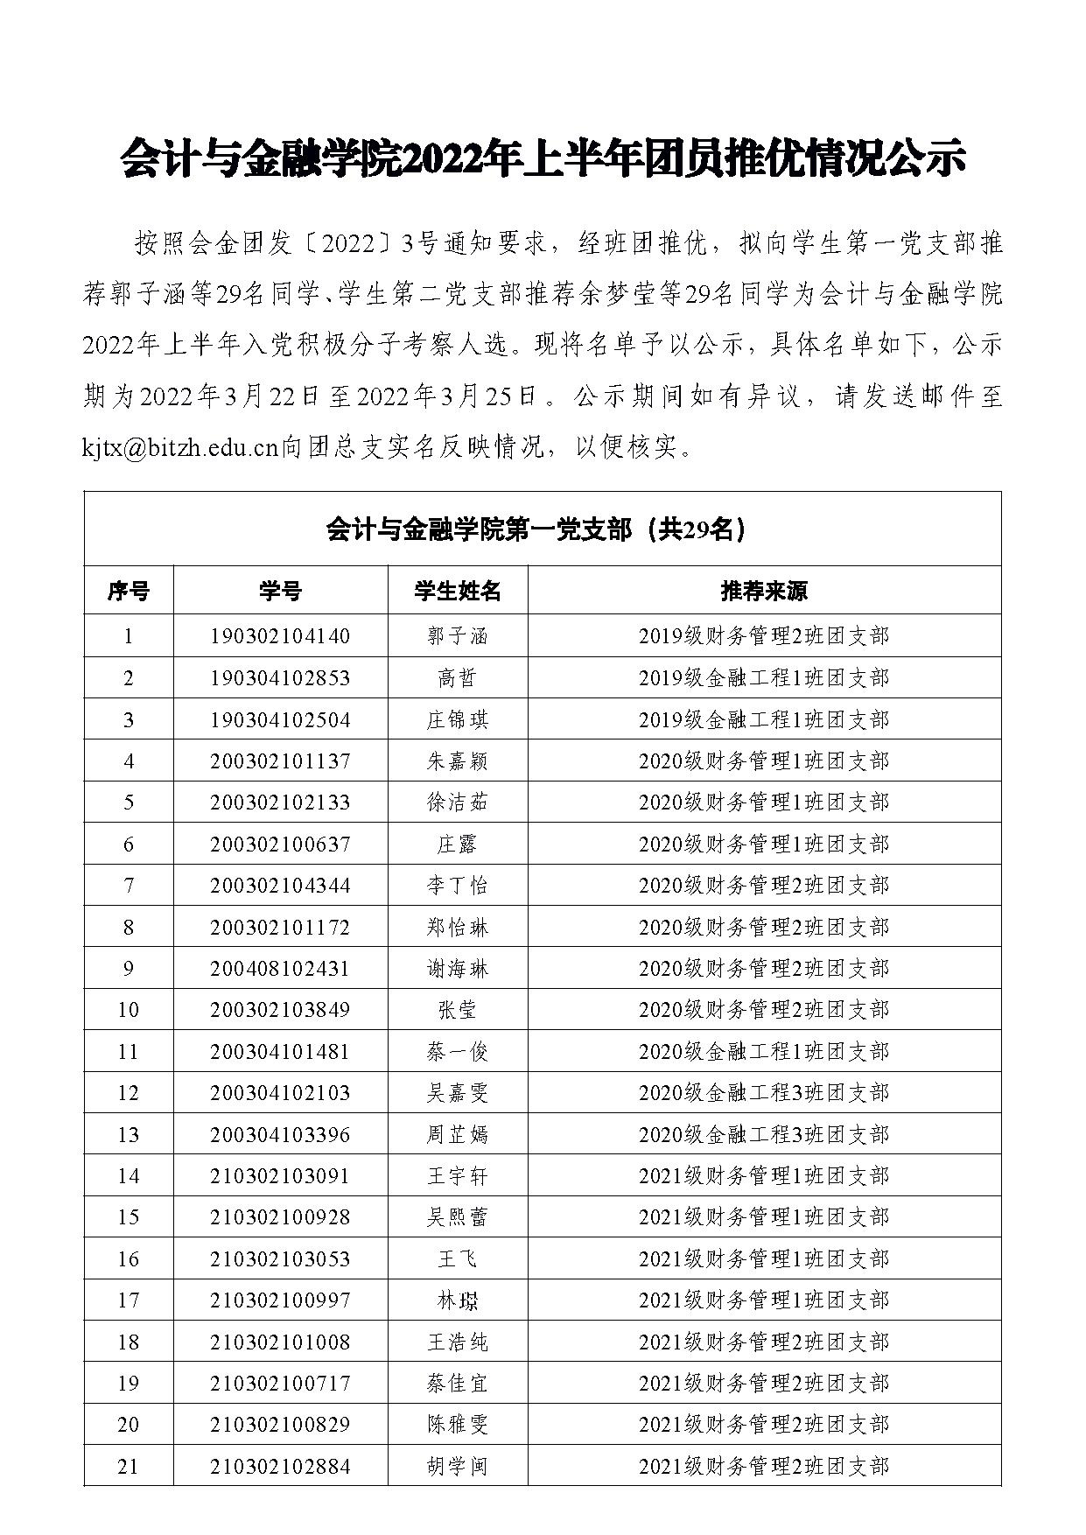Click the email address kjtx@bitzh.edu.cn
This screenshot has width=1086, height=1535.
pyautogui.click(x=180, y=449)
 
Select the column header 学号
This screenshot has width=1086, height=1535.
pyautogui.click(x=280, y=592)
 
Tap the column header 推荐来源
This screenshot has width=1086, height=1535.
pyautogui.click(x=763, y=592)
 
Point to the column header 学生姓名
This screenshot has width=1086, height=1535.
pyautogui.click(x=457, y=592)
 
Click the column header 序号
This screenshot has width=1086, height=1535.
pyautogui.click(x=128, y=592)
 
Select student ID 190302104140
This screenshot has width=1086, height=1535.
pyautogui.click(x=280, y=636)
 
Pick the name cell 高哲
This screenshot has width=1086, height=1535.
pyautogui.click(x=457, y=678)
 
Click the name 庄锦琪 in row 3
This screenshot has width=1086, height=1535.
pyautogui.click(x=457, y=720)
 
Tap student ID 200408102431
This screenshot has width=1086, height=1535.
pyautogui.click(x=280, y=969)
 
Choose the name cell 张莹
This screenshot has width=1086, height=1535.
pyautogui.click(x=457, y=1010)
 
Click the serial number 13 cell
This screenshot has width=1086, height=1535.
pyautogui.click(x=128, y=1135)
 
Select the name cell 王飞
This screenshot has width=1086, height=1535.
pyautogui.click(x=457, y=1259)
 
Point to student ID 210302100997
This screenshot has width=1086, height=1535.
pyautogui.click(x=280, y=1300)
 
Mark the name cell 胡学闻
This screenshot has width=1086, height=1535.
pyautogui.click(x=457, y=1467)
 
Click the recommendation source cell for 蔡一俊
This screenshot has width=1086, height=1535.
pyautogui.click(x=763, y=1052)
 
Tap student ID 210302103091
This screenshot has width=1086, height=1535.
pyautogui.click(x=280, y=1176)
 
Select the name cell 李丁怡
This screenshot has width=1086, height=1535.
pyautogui.click(x=457, y=886)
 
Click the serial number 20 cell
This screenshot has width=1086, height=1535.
pyautogui.click(x=128, y=1425)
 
